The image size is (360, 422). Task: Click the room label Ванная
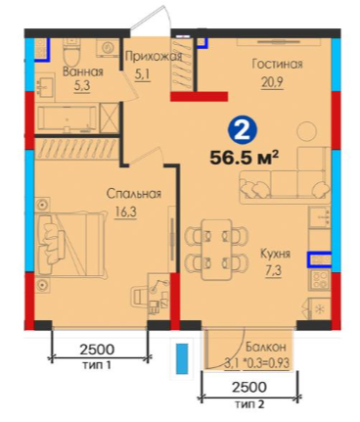pos(83,71)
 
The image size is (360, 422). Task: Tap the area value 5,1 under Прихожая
pos(142,74)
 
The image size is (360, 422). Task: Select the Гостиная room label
pos(277,64)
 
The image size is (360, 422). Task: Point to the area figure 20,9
pos(272,82)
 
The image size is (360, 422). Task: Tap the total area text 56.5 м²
pos(245,158)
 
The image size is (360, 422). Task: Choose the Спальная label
pos(134,194)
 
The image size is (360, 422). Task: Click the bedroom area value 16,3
pos(125,212)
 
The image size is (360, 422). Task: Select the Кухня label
pos(275,254)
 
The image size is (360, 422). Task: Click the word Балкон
pos(266,347)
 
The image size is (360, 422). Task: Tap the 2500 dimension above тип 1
pos(97,350)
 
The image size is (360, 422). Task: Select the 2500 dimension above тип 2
pos(249,387)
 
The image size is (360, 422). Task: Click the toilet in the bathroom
pos(72,52)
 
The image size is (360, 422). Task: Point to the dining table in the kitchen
pos(217,250)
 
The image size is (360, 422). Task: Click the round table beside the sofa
pos(307,131)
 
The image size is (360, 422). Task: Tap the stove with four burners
pos(320,280)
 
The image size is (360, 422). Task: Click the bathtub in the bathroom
pos(67,118)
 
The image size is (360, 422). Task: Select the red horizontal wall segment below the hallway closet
pos(199,96)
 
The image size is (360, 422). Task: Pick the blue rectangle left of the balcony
pos(182,358)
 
